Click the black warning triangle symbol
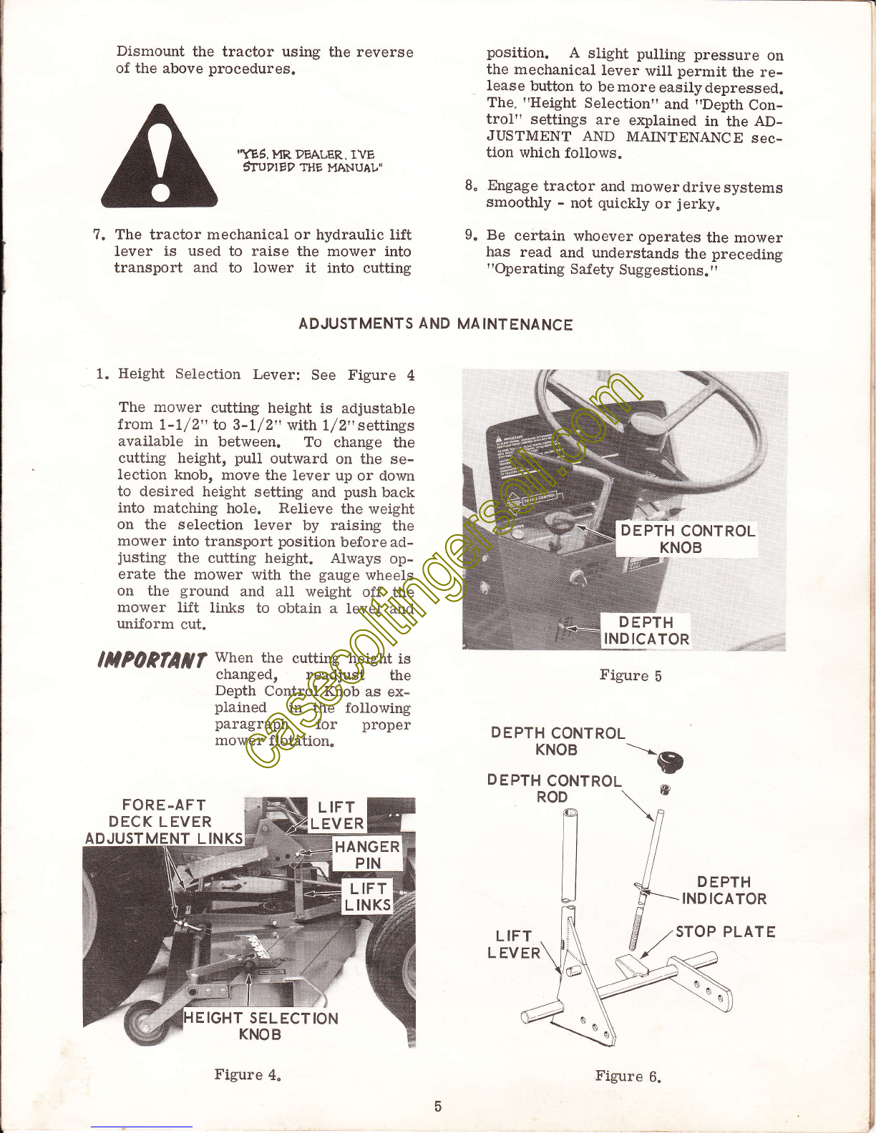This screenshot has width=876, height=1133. (159, 157)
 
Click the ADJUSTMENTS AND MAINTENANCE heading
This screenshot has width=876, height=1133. (436, 324)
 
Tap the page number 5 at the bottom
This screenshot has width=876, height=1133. (438, 1106)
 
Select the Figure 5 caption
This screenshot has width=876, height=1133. (631, 676)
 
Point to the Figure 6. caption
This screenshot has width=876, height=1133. (628, 1076)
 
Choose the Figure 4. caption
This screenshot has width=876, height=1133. (248, 1074)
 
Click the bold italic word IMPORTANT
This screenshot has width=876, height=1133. (152, 660)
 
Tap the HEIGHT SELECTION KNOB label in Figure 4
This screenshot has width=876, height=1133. (261, 1026)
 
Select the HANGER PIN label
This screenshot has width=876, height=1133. (367, 855)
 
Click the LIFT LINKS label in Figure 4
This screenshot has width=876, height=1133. (368, 896)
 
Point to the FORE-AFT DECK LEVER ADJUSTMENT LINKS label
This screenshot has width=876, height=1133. (164, 821)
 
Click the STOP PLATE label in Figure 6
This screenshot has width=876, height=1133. (725, 931)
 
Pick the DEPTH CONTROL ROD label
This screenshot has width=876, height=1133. (554, 788)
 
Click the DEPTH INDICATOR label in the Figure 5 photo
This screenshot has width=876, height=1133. (646, 630)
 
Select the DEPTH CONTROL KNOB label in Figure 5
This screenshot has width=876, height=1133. (687, 539)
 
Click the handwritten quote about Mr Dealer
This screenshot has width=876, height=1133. (311, 161)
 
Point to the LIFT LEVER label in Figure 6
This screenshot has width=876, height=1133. (514, 944)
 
